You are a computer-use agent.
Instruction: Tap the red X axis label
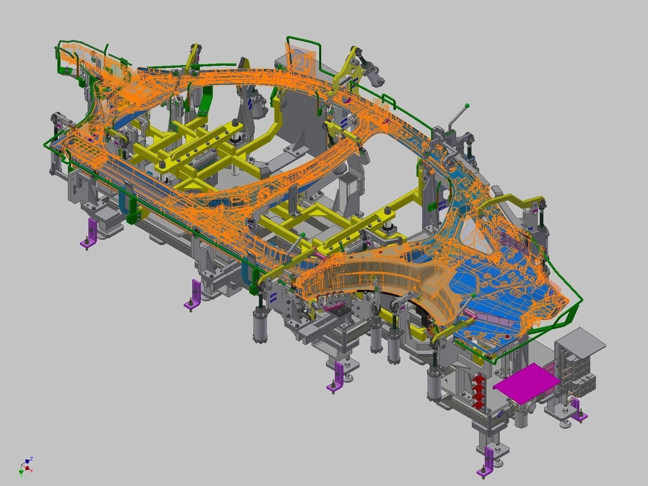coord(32,471)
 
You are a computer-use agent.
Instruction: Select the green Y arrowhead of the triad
coord(21,472)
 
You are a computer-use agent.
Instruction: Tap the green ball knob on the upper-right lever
coord(467,106)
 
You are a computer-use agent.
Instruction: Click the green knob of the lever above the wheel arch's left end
coord(303,234)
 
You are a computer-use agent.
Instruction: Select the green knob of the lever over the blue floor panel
coord(473,296)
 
